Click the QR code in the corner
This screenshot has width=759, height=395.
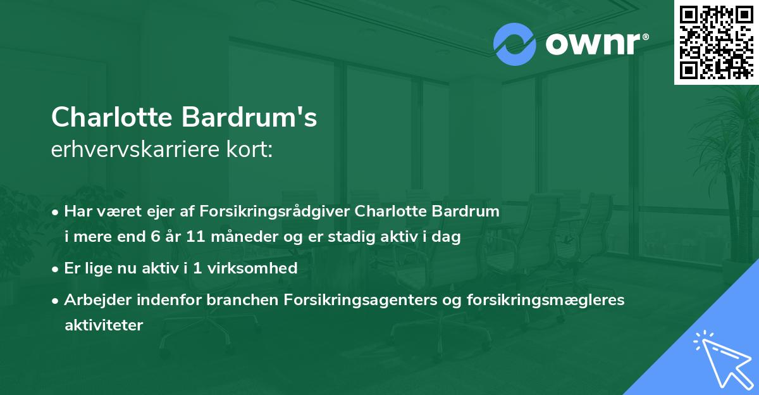tap(716, 42)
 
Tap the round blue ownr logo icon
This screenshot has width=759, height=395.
tap(515, 44)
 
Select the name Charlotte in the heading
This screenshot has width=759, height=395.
tap(113, 117)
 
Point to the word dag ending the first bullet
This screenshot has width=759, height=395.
tap(448, 237)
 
